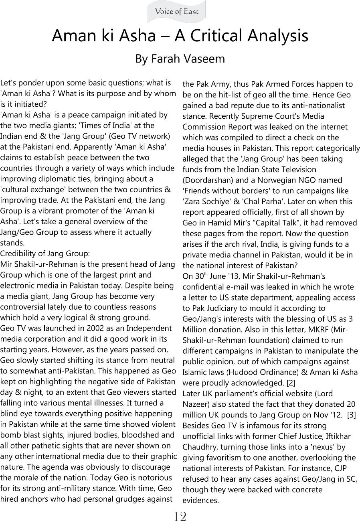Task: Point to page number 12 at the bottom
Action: click(180, 516)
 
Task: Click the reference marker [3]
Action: click(352, 415)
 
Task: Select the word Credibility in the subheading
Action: click(17, 253)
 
